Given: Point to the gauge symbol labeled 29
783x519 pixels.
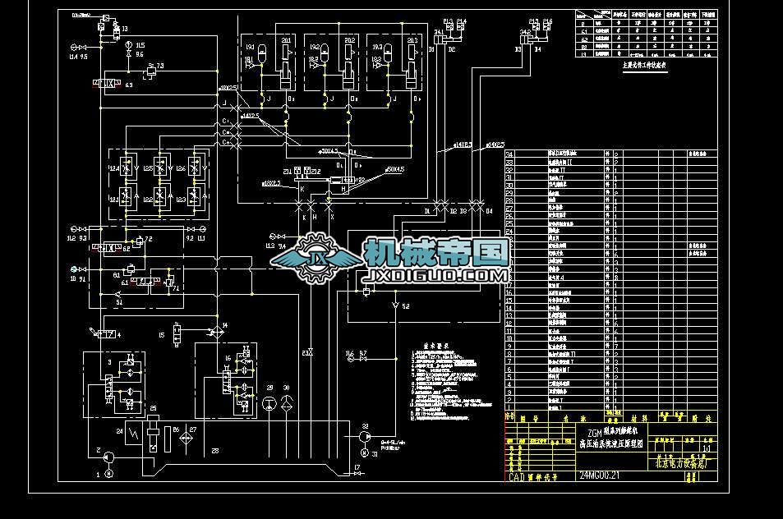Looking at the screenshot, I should click(x=269, y=402).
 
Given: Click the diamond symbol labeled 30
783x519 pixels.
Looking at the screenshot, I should click(x=286, y=402).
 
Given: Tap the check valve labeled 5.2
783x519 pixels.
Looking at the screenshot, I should click(x=396, y=306).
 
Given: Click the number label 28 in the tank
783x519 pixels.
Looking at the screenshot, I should click(x=214, y=451).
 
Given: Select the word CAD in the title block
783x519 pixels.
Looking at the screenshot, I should click(x=517, y=475).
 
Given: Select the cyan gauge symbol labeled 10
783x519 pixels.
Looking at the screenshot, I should click(x=74, y=269).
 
